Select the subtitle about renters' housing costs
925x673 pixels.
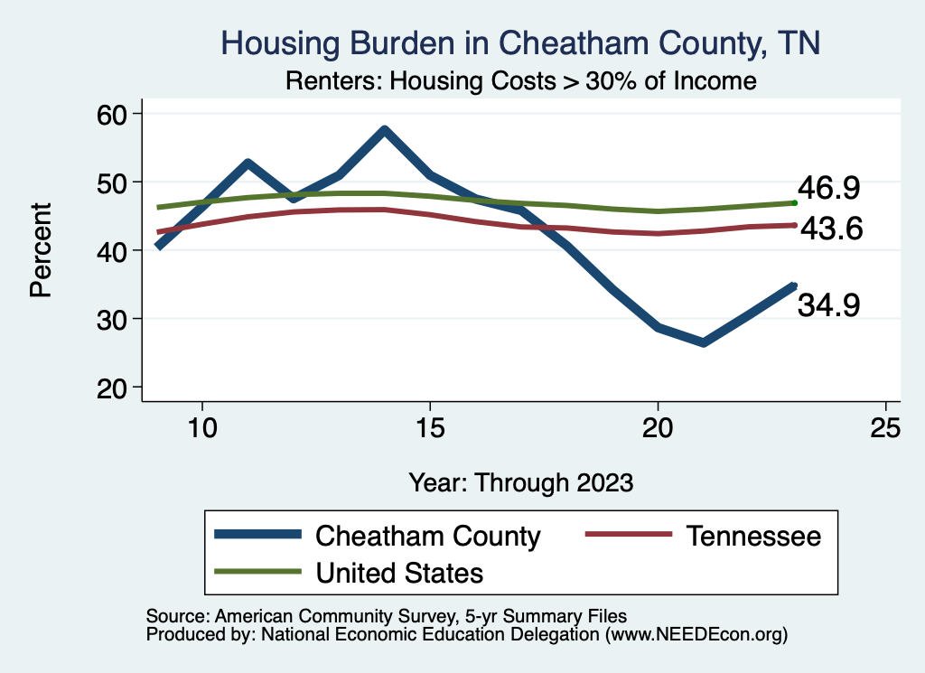519,81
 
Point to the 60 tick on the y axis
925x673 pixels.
117,114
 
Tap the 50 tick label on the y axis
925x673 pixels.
117,182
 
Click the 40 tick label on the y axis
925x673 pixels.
117,250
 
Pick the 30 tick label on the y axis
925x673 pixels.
117,319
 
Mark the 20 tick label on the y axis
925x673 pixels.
117,388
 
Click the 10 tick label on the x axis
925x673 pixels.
201,427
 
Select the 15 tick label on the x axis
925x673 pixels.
429,427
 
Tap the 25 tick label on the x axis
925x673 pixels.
885,427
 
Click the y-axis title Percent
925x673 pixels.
40,250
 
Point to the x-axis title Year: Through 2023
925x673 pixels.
520,481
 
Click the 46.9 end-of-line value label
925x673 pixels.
828,189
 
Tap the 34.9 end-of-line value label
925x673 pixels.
828,305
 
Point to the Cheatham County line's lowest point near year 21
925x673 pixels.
703,342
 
